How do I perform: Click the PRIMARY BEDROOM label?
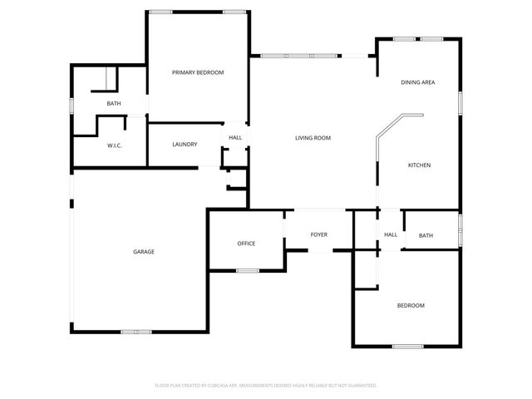point(198,73)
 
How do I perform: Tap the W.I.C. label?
point(115,145)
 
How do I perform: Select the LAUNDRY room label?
point(185,145)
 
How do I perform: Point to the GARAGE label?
point(144,252)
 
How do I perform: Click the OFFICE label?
point(246,244)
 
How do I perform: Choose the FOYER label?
point(319,235)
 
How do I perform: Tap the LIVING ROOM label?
point(313,138)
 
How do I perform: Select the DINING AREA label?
point(418,82)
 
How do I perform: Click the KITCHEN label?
point(418,165)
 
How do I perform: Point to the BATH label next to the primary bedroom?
point(114,103)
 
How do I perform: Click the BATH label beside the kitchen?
point(426,235)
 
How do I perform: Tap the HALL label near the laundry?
point(235,138)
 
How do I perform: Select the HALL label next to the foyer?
point(390,235)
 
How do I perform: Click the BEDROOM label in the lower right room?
point(411,306)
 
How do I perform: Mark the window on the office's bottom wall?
point(247,270)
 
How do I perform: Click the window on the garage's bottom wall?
point(136,332)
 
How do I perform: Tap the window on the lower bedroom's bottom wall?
point(407,346)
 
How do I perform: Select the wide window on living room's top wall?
point(300,56)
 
